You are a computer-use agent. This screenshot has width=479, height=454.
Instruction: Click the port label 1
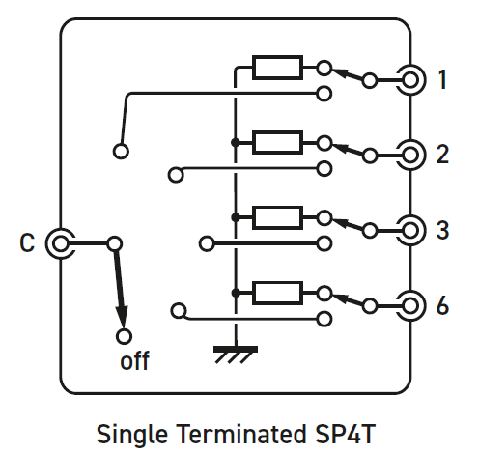coord(443,79)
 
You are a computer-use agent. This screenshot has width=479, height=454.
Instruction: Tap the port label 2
coord(442,155)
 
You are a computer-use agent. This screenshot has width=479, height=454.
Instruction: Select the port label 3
coord(442,230)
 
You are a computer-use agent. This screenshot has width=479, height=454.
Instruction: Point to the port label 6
coord(442,305)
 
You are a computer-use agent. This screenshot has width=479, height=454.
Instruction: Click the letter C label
coord(27,242)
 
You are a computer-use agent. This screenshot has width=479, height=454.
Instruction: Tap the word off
coord(134,360)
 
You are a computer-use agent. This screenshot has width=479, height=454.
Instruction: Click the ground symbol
coord(236,355)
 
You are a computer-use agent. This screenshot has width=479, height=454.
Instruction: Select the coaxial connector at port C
coord(60,243)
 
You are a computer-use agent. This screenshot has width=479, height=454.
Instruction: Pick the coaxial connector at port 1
coord(410,80)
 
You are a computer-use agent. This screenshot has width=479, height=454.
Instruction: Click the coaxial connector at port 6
coord(410,306)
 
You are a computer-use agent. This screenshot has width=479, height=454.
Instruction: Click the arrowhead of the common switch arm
coord(122,316)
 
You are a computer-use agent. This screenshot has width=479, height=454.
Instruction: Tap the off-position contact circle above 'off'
coord(124,336)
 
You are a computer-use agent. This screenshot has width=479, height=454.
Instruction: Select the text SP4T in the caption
coord(345,434)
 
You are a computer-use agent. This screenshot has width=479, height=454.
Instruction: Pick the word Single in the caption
coord(132,435)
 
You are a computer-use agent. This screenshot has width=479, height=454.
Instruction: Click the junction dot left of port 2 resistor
coord(236,142)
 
